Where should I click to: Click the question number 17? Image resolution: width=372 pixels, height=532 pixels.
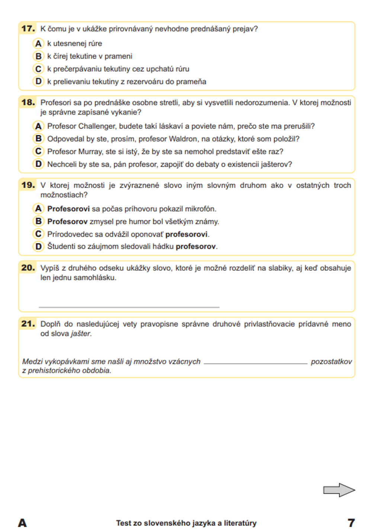28,29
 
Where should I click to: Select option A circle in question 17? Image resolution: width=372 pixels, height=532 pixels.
38,44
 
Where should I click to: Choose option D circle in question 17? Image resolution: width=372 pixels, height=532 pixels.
38,82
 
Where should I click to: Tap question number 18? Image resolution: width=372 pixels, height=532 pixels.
28,102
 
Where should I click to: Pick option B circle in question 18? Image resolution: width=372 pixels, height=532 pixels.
38,139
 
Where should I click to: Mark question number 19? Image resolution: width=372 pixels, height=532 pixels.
28,185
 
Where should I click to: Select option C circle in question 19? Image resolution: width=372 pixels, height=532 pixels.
38,234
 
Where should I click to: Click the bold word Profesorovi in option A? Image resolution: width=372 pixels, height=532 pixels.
68,209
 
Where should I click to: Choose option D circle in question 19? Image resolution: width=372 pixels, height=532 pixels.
38,246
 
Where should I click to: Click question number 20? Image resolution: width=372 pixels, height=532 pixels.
28,267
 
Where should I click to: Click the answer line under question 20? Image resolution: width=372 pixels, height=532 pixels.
129,307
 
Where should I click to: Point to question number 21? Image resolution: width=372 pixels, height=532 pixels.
28,324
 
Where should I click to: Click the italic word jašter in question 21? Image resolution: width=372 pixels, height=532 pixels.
81,334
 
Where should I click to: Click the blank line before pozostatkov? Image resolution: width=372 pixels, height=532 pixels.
256,363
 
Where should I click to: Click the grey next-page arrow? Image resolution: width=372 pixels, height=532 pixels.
339,490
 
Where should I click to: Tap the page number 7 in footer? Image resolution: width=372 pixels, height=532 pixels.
351,523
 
